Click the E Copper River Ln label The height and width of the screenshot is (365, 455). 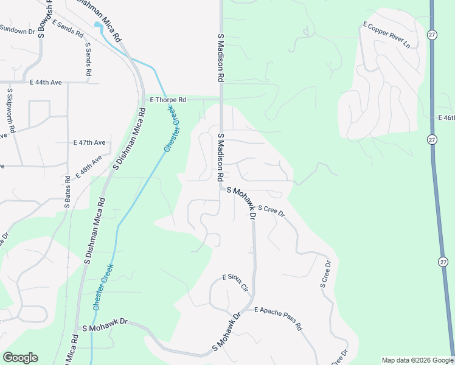[x=386, y=34]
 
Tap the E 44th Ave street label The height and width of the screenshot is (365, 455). [x=46, y=82]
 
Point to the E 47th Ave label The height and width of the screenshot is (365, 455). [x=89, y=142]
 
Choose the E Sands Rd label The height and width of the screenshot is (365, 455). [x=68, y=29]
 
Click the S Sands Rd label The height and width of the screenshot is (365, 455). [x=88, y=59]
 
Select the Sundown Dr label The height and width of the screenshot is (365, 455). [x=18, y=29]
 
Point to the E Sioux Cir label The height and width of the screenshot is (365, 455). [x=236, y=282]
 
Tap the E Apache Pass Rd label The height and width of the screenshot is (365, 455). [x=279, y=318]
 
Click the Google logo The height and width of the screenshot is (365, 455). [x=20, y=358]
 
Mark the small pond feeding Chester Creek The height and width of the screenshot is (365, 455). [x=99, y=26]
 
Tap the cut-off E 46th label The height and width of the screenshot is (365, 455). [x=446, y=117]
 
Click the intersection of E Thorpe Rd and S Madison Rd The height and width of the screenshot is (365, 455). [x=221, y=99]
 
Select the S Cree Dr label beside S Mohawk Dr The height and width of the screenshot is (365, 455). [x=271, y=211]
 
